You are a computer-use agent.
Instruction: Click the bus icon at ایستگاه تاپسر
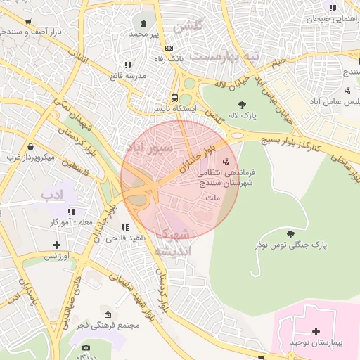click(x=174, y=98)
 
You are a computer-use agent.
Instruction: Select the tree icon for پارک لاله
click(x=243, y=105)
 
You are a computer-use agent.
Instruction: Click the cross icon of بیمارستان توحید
click(x=316, y=330)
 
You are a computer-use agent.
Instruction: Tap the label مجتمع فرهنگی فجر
click(x=109, y=325)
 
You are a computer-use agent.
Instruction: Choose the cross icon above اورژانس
click(x=56, y=245)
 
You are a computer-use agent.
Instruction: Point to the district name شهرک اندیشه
click(x=172, y=243)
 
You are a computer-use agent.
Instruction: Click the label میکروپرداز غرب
click(x=31, y=157)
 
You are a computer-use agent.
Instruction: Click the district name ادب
click(x=53, y=194)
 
